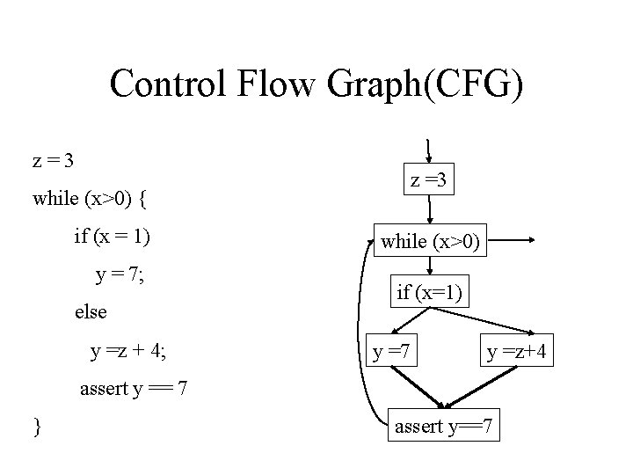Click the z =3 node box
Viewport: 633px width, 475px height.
[430, 181]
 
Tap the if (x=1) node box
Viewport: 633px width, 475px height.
[430, 292]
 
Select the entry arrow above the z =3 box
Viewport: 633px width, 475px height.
[428, 150]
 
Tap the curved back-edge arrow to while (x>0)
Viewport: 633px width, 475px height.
[349, 334]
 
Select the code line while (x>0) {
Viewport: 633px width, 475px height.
[89, 198]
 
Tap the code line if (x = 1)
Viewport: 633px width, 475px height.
[113, 237]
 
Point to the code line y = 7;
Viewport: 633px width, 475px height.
[120, 274]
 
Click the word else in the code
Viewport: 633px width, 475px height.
[91, 312]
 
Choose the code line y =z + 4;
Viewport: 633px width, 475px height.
[130, 352]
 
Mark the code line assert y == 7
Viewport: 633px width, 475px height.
[132, 388]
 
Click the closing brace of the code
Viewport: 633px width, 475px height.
[36, 427]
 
